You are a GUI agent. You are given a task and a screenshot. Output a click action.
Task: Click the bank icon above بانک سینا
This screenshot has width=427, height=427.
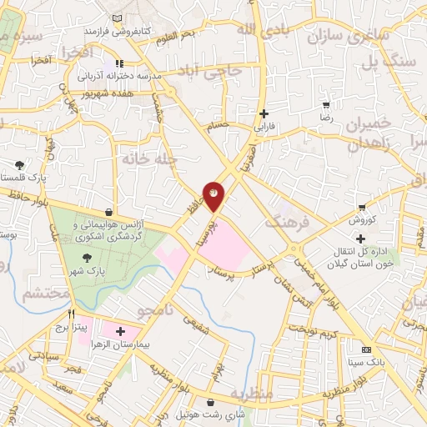pos(365,349)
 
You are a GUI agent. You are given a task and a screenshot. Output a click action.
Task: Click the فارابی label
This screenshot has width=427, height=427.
pos(264,127)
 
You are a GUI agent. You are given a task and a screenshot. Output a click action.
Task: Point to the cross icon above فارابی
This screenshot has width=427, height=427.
pos(264,113)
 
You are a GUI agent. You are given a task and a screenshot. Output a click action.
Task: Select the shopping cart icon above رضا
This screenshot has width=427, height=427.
pos(326,105)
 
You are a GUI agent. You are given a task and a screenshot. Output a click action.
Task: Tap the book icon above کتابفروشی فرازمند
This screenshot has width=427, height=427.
pos(116,18)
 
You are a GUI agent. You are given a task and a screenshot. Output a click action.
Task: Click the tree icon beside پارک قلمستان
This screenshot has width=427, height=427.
pos(20,165)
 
